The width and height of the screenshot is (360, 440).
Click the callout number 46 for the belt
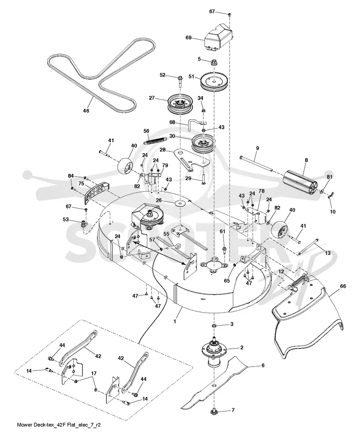click(86, 111)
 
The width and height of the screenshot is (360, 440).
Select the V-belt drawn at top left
click(93, 97)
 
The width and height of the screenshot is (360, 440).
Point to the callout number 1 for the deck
click(175, 322)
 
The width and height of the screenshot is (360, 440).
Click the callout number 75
click(81, 183)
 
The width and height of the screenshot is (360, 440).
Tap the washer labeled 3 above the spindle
click(214, 326)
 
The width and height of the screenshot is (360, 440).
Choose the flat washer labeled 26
click(180, 203)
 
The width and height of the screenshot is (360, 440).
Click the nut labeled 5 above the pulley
click(214, 62)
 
